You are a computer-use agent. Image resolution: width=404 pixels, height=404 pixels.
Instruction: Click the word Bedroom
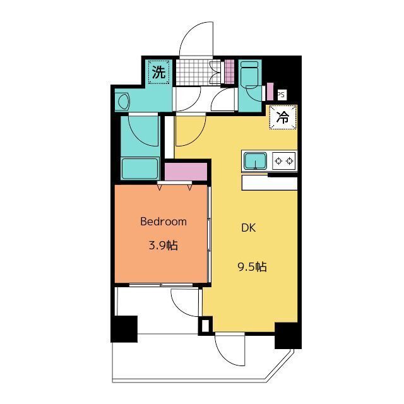pyautogui.click(x=163, y=222)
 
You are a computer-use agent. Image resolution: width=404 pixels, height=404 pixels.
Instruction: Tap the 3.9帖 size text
pyautogui.click(x=163, y=246)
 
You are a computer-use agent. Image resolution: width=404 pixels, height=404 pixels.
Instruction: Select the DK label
pyautogui.click(x=249, y=228)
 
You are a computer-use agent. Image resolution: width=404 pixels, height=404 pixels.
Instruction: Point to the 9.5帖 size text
pyautogui.click(x=252, y=266)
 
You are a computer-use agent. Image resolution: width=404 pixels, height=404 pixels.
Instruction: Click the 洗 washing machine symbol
pyautogui.click(x=158, y=72)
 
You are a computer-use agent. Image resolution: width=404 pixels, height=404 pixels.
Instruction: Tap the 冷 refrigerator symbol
pyautogui.click(x=283, y=117)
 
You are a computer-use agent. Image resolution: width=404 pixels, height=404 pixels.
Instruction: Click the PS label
pyautogui.click(x=282, y=95)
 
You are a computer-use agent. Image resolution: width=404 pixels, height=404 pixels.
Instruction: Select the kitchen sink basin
pyautogui.click(x=255, y=161)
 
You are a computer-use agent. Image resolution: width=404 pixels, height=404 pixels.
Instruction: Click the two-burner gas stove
pyautogui.click(x=283, y=161)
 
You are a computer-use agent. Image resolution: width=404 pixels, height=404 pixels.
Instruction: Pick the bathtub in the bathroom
pyautogui.click(x=140, y=169)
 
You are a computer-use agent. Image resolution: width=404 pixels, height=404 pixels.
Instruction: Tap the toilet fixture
pyautogui.click(x=250, y=75)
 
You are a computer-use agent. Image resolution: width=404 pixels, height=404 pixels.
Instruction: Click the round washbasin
pyautogui.click(x=123, y=102)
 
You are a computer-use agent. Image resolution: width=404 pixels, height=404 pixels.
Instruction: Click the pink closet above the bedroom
pyautogui.click(x=186, y=172)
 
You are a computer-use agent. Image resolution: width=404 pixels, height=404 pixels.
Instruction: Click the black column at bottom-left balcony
pyautogui.click(x=124, y=329)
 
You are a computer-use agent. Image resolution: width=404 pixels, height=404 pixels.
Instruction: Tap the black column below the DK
pyautogui.click(x=288, y=335)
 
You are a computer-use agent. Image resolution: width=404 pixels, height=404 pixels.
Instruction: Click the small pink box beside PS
pyautogui.click(x=270, y=92)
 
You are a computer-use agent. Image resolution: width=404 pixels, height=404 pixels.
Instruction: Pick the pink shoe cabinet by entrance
pyautogui.click(x=229, y=71)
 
